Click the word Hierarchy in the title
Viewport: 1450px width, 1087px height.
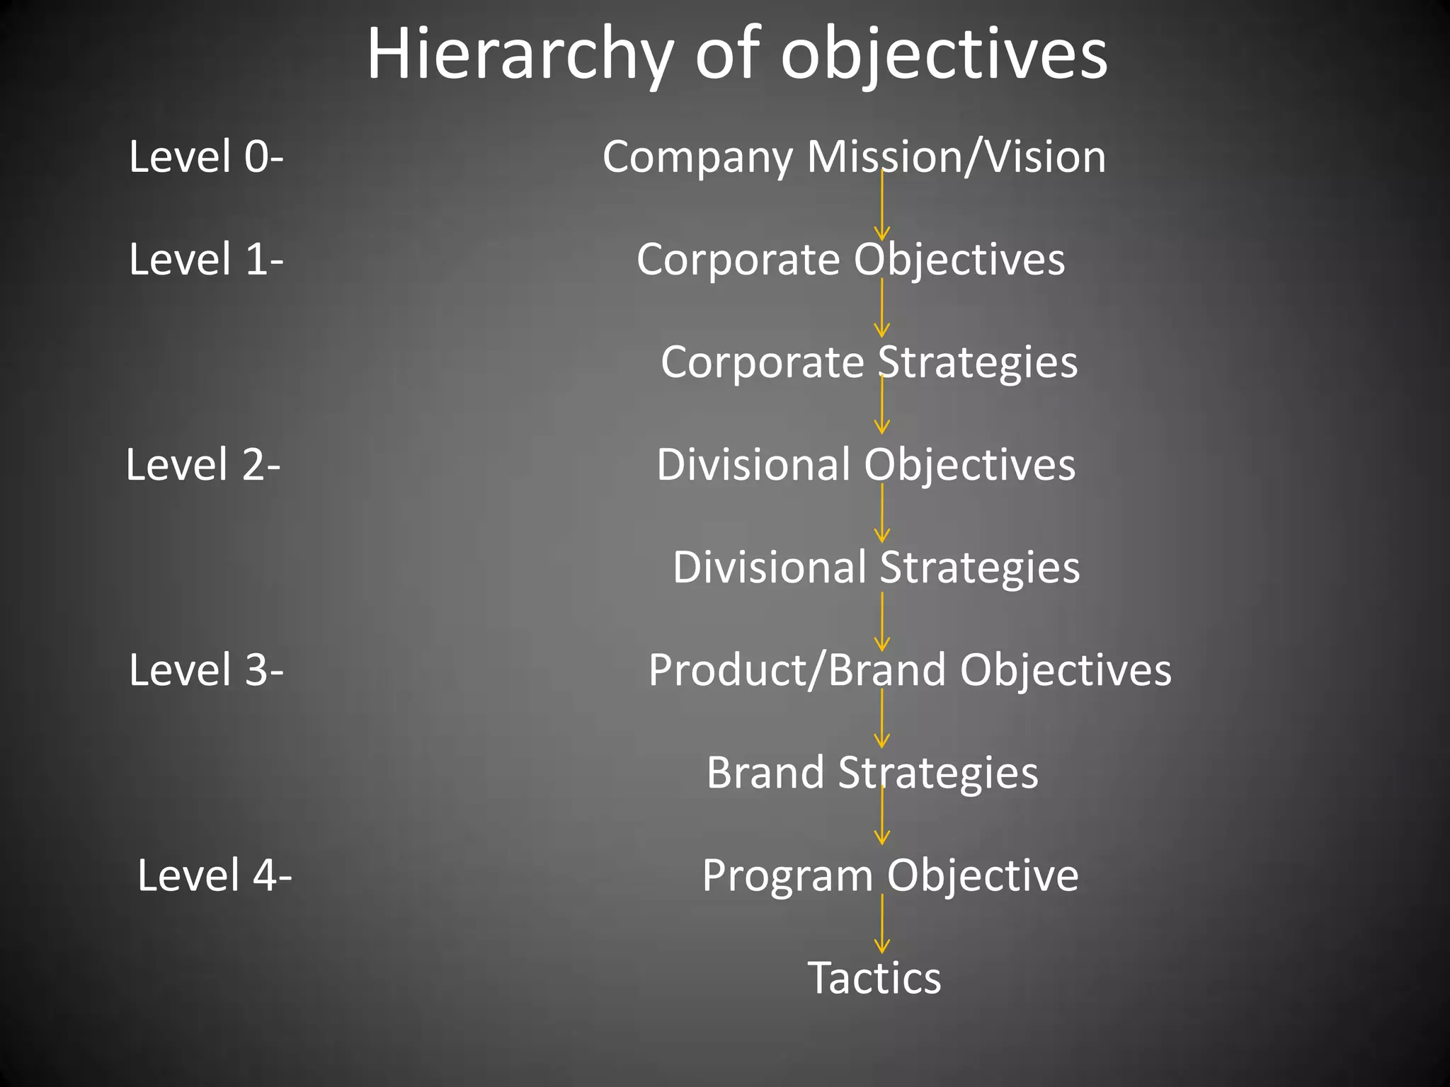click(x=520, y=55)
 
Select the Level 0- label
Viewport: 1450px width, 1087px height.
click(x=206, y=156)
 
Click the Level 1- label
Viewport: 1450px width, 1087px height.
click(x=206, y=259)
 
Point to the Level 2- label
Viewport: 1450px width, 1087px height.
click(x=203, y=465)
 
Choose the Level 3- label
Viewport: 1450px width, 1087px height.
click(x=206, y=670)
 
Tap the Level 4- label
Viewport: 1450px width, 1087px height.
click(x=214, y=875)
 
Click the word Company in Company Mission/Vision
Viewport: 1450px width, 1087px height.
click(x=697, y=158)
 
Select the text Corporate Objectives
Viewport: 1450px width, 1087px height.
click(x=850, y=260)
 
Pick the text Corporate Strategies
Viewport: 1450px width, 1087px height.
click(x=869, y=362)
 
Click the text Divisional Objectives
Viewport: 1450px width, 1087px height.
click(x=866, y=465)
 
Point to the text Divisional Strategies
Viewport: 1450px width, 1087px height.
click(x=876, y=568)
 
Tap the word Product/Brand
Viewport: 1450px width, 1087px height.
click(x=797, y=670)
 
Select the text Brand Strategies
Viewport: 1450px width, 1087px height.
click(x=872, y=773)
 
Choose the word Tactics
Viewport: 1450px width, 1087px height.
click(x=874, y=978)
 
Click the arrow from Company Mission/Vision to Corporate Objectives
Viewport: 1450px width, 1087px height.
click(x=882, y=209)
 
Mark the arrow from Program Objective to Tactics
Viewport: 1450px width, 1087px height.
click(x=882, y=924)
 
